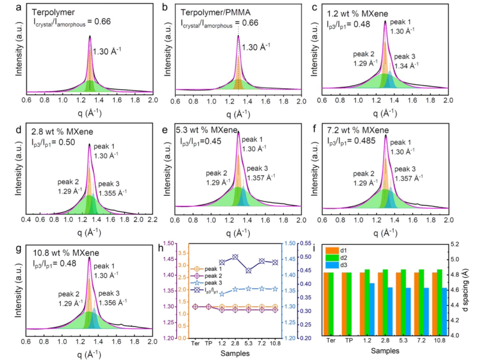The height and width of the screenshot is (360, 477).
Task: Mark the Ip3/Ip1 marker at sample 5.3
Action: pos(249,270)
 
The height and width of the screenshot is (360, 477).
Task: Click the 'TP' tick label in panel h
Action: pos(208,341)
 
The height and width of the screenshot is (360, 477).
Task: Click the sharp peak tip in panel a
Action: pos(90,36)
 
